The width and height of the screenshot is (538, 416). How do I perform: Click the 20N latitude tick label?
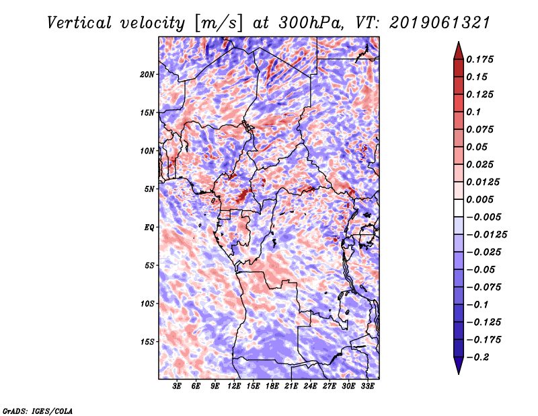(147, 74)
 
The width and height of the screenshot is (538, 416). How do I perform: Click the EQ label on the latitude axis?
(149, 227)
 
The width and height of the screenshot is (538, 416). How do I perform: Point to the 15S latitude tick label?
(147, 341)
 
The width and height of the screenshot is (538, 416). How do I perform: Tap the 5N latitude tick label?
(149, 188)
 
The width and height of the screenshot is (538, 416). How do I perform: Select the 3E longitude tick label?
(178, 386)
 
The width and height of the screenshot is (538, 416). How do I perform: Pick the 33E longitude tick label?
(367, 386)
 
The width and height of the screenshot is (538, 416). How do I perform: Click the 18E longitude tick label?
(272, 386)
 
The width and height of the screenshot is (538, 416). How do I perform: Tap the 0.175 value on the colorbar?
(482, 59)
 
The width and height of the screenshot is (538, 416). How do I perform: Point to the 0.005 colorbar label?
(482, 199)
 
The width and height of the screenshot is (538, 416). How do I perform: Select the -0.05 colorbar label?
(482, 269)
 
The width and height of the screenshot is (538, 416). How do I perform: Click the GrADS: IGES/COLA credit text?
(38, 410)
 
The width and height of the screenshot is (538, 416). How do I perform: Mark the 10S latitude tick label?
(147, 304)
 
